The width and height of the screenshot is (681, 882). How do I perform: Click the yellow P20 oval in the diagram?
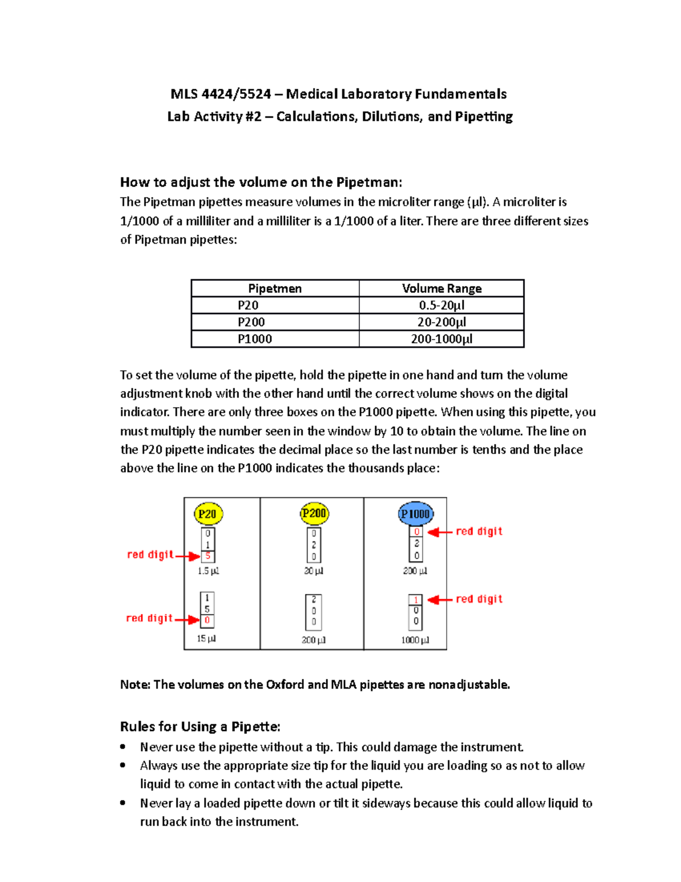(208, 514)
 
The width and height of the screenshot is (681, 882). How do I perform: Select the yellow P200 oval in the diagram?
(314, 513)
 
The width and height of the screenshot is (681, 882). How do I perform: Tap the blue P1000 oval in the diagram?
(415, 514)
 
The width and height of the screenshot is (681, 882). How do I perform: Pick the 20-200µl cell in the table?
(442, 322)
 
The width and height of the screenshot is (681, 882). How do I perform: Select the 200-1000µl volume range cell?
(442, 339)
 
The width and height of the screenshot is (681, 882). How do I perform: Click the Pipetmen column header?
(275, 289)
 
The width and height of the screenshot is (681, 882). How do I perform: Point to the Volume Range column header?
(442, 289)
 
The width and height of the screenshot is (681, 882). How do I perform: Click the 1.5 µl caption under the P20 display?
(208, 571)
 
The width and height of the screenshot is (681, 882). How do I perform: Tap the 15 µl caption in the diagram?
(206, 638)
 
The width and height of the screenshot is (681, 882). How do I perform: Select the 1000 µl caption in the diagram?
(415, 640)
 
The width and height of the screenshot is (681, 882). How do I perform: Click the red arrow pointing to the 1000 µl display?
(440, 600)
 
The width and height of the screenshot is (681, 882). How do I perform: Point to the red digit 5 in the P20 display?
(208, 556)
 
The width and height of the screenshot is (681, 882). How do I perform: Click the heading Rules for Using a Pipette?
(200, 726)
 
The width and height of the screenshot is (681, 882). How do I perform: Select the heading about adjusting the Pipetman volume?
(261, 182)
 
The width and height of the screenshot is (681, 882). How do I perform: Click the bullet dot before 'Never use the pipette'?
(123, 747)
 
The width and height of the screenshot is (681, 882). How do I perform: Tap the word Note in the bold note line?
(134, 685)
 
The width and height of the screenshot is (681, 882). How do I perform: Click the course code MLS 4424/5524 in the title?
(221, 94)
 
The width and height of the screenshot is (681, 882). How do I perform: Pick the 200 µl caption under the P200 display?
(313, 640)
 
